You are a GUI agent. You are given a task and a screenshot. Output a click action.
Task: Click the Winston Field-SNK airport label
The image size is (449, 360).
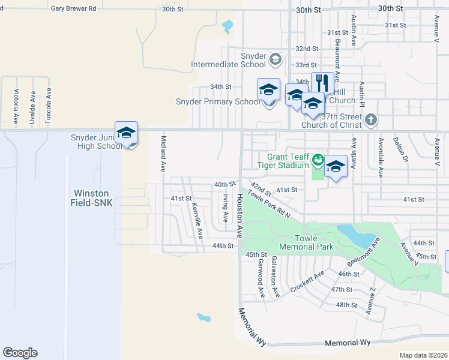(91, 198)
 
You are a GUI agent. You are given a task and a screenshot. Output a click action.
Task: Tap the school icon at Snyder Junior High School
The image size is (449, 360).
(126, 133)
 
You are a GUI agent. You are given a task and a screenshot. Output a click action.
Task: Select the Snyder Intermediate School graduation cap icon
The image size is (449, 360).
(275, 58)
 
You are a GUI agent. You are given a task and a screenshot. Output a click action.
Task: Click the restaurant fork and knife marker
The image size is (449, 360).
(322, 82)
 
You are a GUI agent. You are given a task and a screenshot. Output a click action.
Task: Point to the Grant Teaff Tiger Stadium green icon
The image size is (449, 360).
(318, 160)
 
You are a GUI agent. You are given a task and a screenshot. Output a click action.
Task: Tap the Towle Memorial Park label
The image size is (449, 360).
(306, 242)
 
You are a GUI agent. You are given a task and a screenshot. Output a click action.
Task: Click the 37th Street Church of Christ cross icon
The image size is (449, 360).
(371, 119)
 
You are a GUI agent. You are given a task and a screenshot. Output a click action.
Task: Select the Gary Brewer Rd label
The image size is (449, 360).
(73, 9)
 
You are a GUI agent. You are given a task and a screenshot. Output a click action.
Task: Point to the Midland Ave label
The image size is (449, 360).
(163, 152)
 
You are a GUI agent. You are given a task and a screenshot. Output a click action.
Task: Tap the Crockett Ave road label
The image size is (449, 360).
(307, 281)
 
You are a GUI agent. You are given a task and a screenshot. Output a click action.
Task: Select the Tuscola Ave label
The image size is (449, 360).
(49, 106)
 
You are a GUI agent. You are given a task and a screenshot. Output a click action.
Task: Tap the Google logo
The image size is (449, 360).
(20, 353)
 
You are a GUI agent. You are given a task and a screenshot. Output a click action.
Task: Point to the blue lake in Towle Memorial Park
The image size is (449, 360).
(354, 235)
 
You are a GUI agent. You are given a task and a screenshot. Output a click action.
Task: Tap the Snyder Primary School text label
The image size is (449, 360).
(218, 101)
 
